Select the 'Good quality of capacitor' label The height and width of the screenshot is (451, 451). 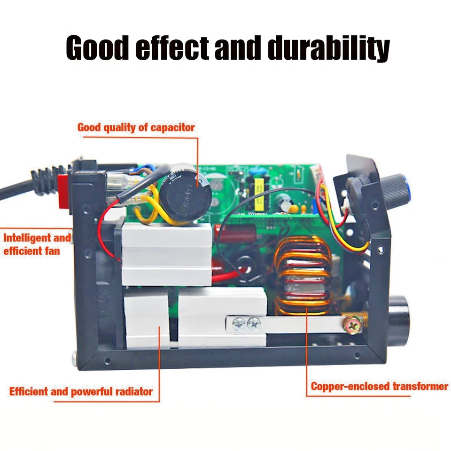point(136,127)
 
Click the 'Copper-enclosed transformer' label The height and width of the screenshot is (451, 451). point(379,387)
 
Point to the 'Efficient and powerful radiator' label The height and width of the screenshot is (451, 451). point(81,391)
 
